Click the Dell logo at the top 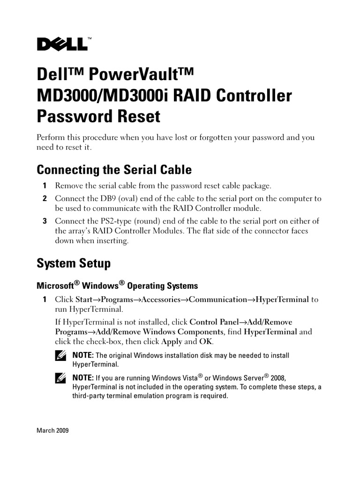coord(62,44)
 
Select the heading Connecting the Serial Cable coord(114,169)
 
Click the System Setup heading coord(74,263)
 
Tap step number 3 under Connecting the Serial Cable coord(45,221)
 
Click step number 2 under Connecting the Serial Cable coord(45,199)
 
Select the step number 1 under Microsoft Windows coord(45,300)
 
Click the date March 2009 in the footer coord(52,430)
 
